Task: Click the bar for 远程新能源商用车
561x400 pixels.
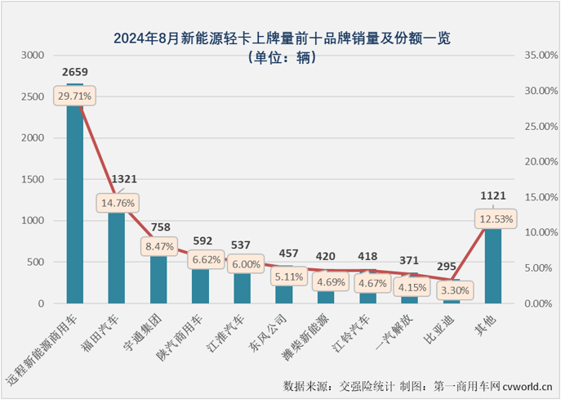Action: click(x=74, y=204)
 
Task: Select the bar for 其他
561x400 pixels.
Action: click(x=492, y=262)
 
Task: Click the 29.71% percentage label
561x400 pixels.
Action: click(x=75, y=96)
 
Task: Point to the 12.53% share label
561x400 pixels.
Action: click(x=492, y=218)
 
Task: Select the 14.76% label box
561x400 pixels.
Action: click(x=117, y=201)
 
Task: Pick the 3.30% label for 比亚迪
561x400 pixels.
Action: click(x=451, y=289)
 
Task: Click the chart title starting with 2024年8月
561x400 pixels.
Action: click(x=281, y=38)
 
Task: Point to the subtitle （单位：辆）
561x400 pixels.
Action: click(x=281, y=57)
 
